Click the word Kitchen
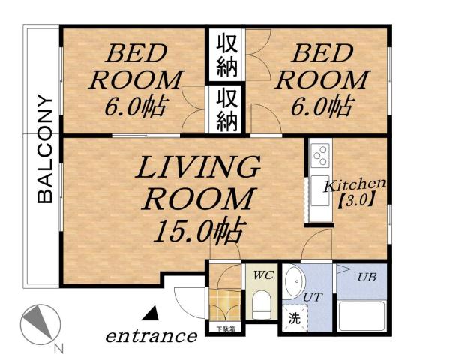[x=354, y=184]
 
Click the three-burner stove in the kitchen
[x=319, y=155]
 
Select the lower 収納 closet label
[x=228, y=109]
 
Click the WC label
[x=262, y=275]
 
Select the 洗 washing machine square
[x=292, y=317]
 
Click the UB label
[x=365, y=277]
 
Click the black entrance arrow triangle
[x=152, y=310]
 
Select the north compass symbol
[x=39, y=324]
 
